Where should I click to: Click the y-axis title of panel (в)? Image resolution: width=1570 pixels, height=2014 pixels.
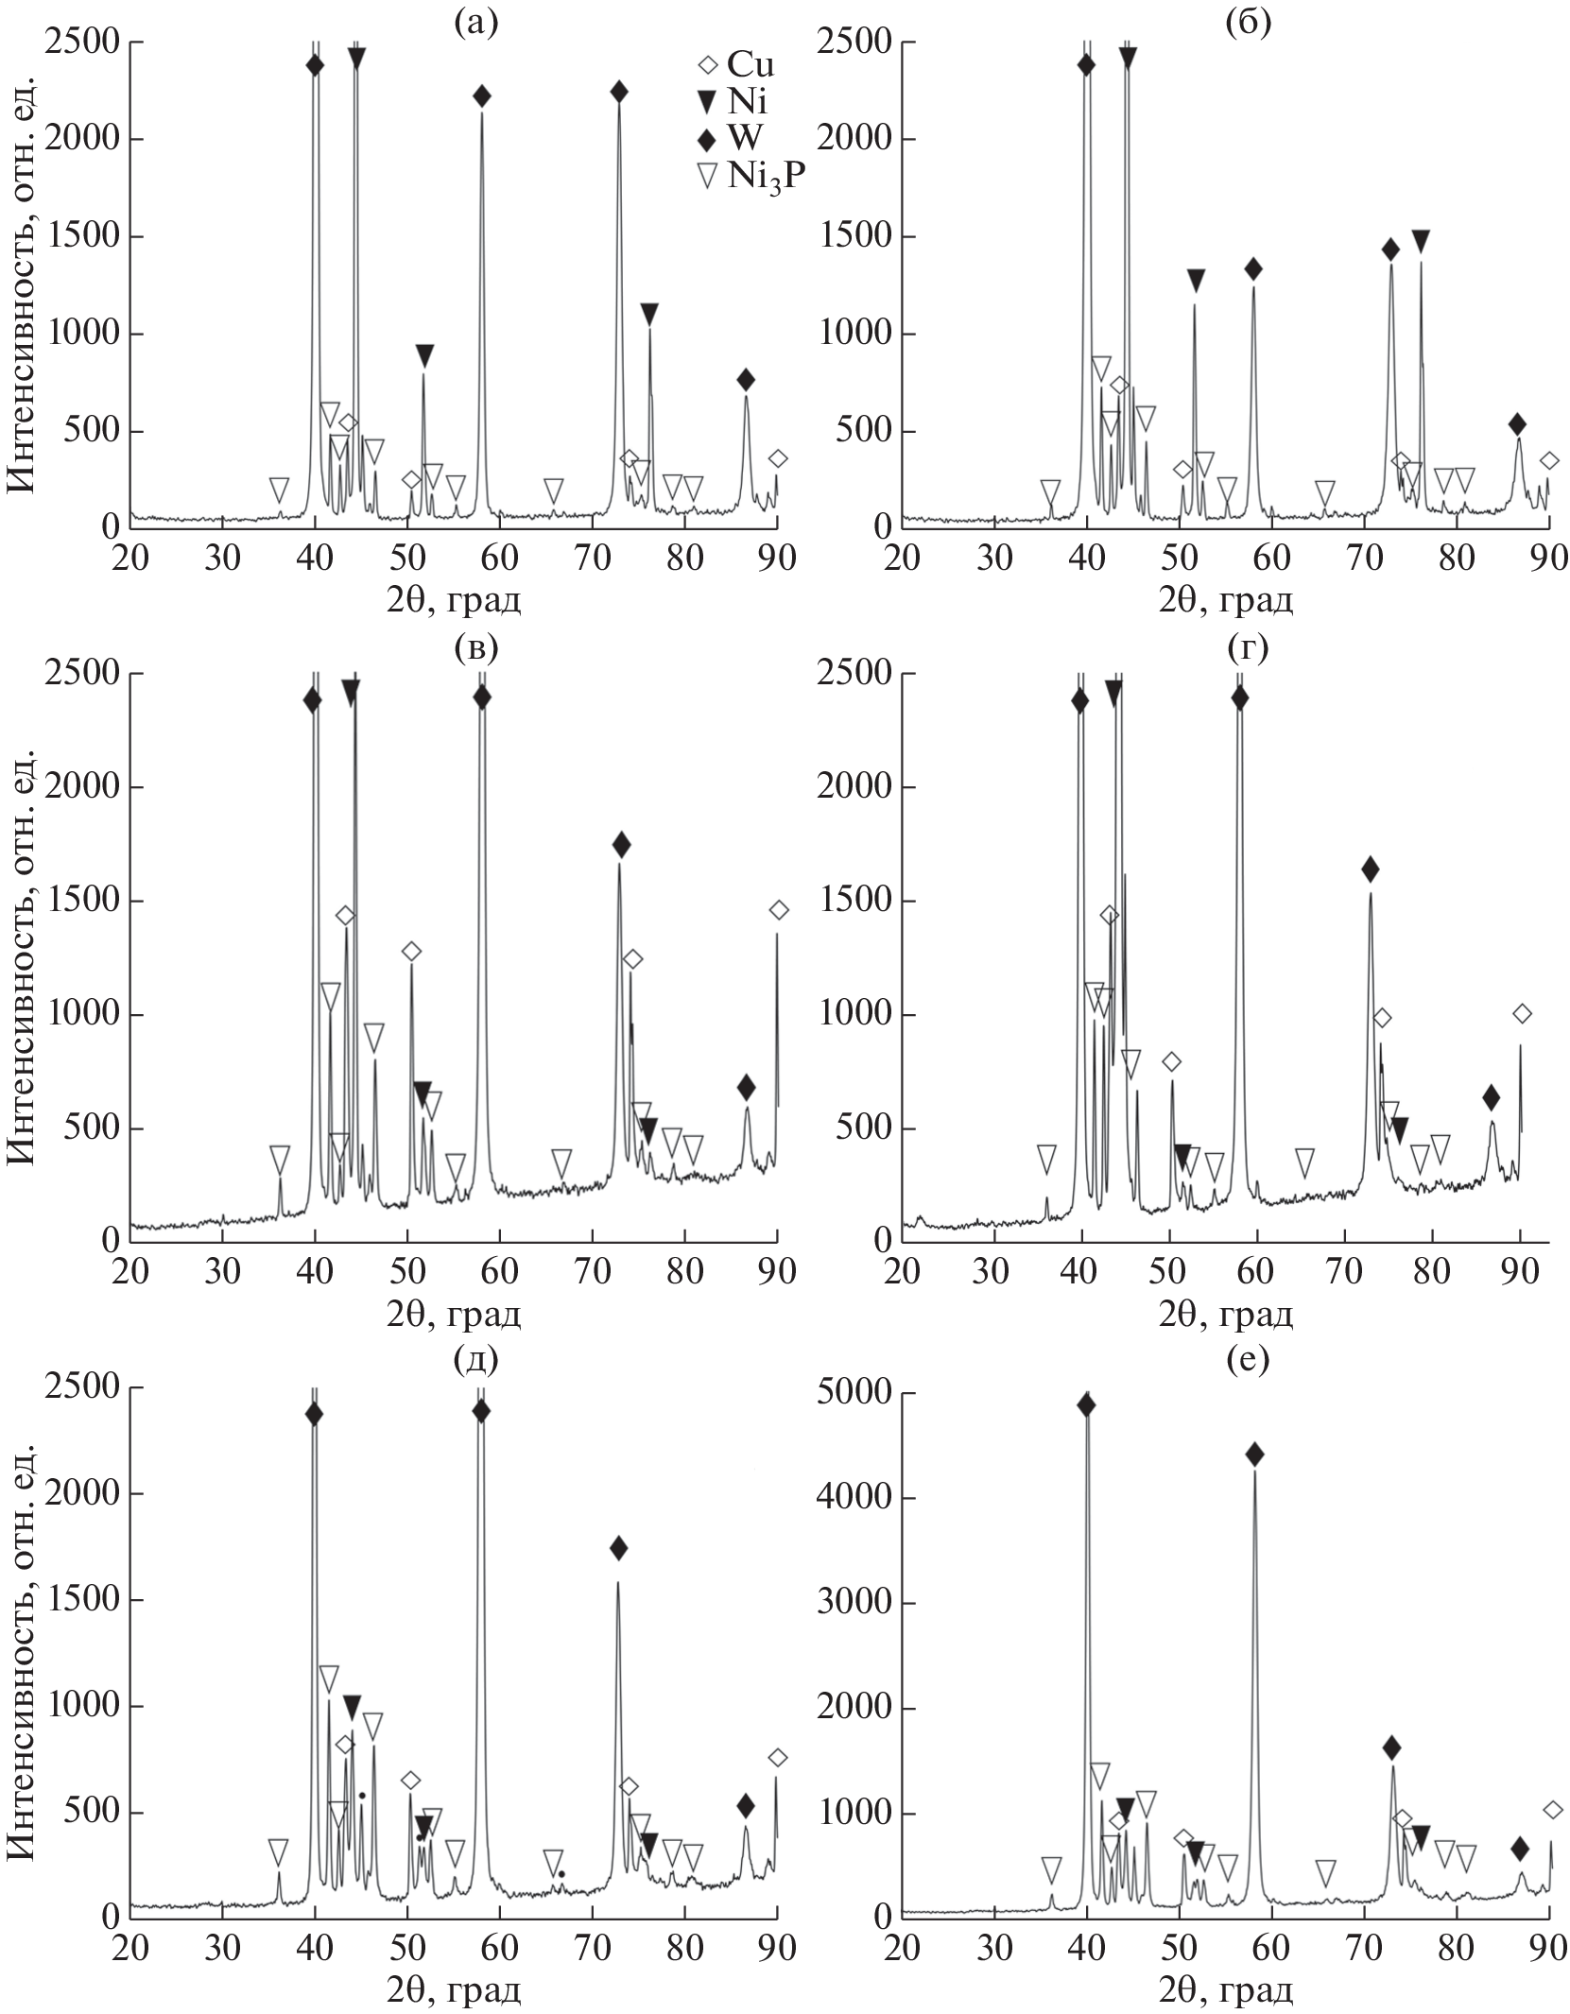[x=23, y=956]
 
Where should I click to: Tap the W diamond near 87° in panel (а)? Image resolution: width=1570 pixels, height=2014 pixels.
[x=746, y=380]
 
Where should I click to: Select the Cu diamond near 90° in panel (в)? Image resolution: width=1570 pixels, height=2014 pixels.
[x=778, y=910]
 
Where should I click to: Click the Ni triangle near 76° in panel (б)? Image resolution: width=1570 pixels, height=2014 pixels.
[x=1420, y=242]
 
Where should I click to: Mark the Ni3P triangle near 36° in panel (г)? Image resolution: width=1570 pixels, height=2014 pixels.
[x=1046, y=1158]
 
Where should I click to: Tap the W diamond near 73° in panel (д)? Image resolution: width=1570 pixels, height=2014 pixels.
[x=618, y=1548]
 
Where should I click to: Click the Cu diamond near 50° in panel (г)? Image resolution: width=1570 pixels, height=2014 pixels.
[x=1171, y=1062]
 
